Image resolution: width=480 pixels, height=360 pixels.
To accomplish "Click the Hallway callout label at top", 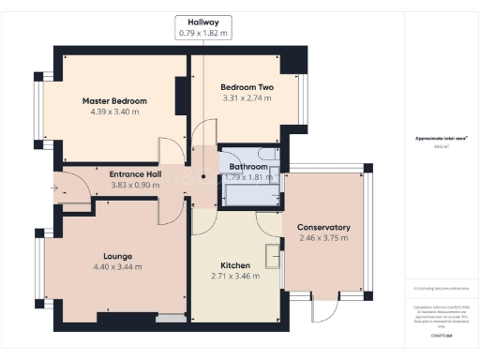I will pyautogui.click(x=203, y=22).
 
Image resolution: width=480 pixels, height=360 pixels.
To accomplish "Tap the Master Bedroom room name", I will pyautogui.click(x=114, y=101).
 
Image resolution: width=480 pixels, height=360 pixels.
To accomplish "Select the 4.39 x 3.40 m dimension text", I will pyautogui.click(x=114, y=112).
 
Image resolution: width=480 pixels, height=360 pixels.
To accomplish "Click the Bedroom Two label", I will pyautogui.click(x=247, y=87).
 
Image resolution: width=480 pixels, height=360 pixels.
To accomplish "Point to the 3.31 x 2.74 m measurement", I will pyautogui.click(x=247, y=98).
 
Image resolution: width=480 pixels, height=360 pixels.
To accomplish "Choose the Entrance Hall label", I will pyautogui.click(x=136, y=174).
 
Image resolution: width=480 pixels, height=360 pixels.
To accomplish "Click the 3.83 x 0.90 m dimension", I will pyautogui.click(x=136, y=186).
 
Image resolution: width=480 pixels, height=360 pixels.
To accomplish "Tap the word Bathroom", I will pyautogui.click(x=248, y=167).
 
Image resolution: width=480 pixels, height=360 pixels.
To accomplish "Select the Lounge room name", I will pyautogui.click(x=117, y=256).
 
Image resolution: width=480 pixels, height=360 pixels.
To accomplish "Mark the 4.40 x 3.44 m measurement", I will pyautogui.click(x=117, y=267).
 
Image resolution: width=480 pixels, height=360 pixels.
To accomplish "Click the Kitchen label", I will pyautogui.click(x=234, y=264).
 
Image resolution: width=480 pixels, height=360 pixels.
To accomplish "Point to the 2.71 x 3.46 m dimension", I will pyautogui.click(x=234, y=276).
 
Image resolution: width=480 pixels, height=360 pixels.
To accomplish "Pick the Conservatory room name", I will pyautogui.click(x=323, y=227).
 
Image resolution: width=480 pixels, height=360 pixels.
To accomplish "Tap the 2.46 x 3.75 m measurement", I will pyautogui.click(x=323, y=238).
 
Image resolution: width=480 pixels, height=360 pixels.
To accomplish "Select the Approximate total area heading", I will pyautogui.click(x=436, y=139).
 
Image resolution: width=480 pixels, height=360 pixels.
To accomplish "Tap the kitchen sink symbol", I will pyautogui.click(x=274, y=253).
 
